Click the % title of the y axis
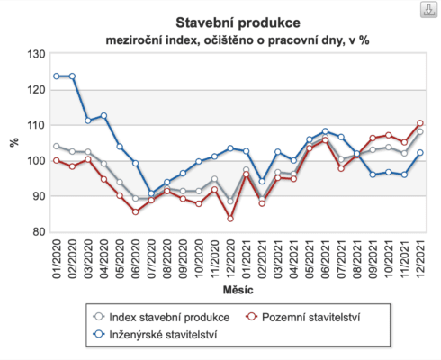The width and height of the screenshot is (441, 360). [x=13, y=142]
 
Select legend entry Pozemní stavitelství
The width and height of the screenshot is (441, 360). [x=316, y=316]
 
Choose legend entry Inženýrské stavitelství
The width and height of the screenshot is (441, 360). [x=165, y=335]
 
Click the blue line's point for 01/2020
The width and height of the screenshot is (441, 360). [x=56, y=76]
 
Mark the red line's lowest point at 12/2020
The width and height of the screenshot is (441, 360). [x=230, y=219]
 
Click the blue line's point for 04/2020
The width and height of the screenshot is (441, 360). [x=103, y=115]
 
